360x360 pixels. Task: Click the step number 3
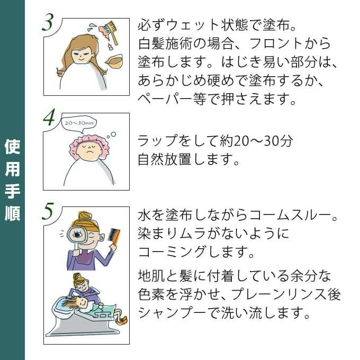pos(48,22)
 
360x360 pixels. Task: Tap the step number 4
pos(49,117)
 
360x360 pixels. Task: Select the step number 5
pos(48,211)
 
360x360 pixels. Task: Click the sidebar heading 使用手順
pos(12,180)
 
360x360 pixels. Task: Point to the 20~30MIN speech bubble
pos(79,124)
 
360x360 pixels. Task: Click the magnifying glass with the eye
pos(77,237)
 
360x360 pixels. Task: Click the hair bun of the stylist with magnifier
pos(85,216)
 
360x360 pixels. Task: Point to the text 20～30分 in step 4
pos(263,140)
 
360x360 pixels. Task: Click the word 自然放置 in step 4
pos(165,159)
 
